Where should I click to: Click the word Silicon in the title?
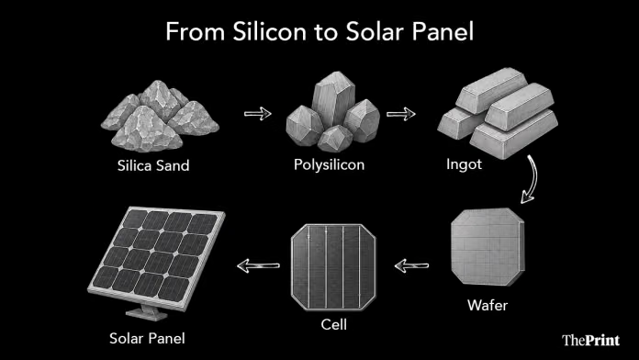(269, 31)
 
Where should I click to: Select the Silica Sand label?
(153, 165)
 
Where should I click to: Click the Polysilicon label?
(330, 165)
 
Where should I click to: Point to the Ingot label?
(464, 164)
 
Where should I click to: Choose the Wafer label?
(488, 306)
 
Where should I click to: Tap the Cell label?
(334, 325)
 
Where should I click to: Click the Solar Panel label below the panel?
(147, 338)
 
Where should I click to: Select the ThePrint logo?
(591, 340)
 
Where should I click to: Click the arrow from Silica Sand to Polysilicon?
(258, 114)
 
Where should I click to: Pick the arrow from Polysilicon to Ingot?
(401, 114)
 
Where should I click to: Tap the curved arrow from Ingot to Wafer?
(533, 178)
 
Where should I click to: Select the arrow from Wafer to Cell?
(411, 265)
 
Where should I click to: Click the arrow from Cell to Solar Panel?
(258, 265)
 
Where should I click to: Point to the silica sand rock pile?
(160, 117)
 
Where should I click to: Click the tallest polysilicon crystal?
(331, 99)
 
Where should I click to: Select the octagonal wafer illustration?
(488, 247)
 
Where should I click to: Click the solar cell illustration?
(334, 267)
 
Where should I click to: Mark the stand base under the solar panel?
(147, 313)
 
